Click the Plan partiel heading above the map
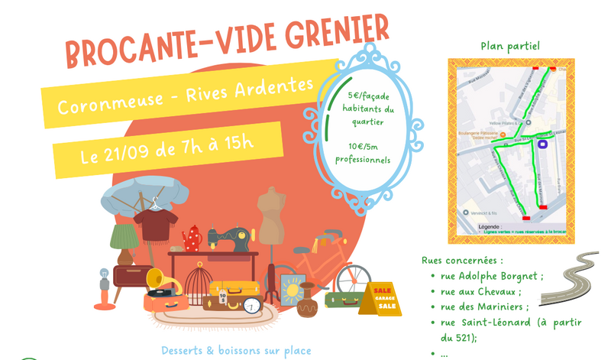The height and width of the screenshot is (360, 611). pyautogui.click(x=510, y=46)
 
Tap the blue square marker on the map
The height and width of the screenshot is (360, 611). pyautogui.click(x=543, y=143)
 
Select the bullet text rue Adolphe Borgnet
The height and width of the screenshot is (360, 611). pyautogui.click(x=492, y=277)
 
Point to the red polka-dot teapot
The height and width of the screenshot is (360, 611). pyautogui.click(x=192, y=238)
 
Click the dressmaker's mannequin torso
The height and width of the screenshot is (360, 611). pyautogui.click(x=271, y=215)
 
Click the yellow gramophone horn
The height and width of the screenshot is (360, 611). pyautogui.click(x=154, y=278)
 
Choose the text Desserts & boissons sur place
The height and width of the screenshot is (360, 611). pyautogui.click(x=236, y=351)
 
